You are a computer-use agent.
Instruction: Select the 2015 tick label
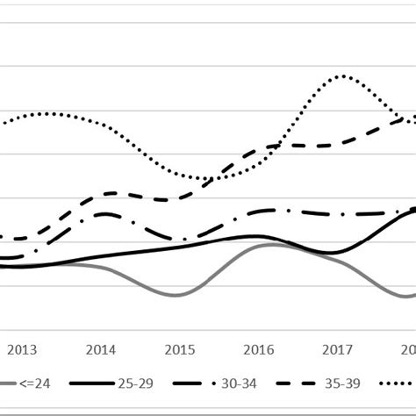pos(180,348)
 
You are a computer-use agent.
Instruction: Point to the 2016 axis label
pos(259,348)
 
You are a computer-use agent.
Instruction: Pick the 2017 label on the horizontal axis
pos(338,348)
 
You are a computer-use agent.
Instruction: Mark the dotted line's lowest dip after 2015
pos(213,180)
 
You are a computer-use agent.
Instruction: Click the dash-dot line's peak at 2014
pos(105,213)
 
